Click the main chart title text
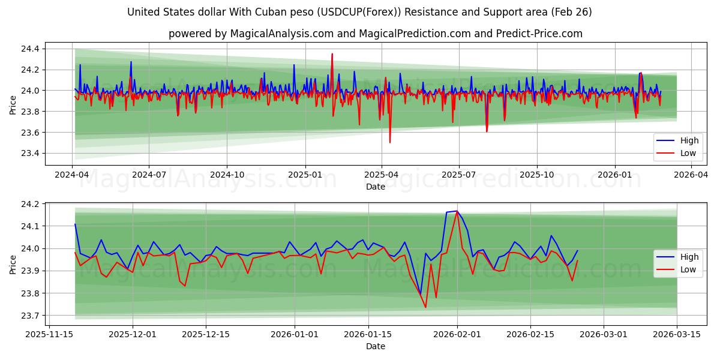click(x=359, y=12)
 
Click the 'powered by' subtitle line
click(x=375, y=34)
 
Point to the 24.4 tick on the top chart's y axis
click(x=31, y=49)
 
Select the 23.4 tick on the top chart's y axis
click(x=31, y=154)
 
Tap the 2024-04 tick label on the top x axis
click(x=72, y=175)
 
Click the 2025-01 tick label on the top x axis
click(x=305, y=175)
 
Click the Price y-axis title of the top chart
click(x=13, y=105)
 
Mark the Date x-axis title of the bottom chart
click(x=376, y=346)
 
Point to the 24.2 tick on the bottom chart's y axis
click(x=31, y=204)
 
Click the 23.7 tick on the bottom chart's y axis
click(x=31, y=316)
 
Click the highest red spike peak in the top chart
click(x=332, y=54)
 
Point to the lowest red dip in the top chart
click(x=390, y=142)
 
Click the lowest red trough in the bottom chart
click(x=425, y=307)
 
